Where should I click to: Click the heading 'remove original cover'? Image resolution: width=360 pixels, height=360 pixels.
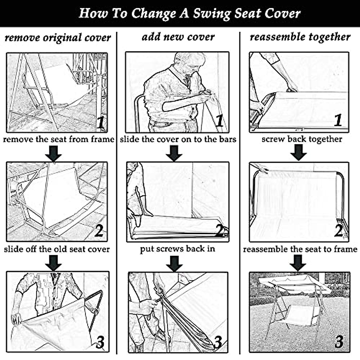click(58, 38)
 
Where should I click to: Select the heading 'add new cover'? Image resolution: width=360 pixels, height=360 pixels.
click(178, 37)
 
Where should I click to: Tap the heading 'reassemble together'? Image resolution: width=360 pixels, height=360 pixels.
click(300, 37)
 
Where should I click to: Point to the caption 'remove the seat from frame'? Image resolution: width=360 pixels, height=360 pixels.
click(58, 139)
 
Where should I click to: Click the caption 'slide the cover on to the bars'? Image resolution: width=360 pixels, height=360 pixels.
click(178, 139)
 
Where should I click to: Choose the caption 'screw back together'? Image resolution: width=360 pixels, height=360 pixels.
click(302, 139)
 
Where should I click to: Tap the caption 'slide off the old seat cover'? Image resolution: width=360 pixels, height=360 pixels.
click(57, 249)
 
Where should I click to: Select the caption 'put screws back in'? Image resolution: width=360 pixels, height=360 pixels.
click(178, 249)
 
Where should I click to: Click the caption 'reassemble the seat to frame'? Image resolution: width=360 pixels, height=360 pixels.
click(300, 249)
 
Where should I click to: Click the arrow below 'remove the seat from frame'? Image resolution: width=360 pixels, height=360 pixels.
click(53, 153)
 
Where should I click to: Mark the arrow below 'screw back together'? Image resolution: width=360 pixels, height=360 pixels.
click(298, 153)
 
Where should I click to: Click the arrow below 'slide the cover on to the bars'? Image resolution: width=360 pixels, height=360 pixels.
click(174, 153)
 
